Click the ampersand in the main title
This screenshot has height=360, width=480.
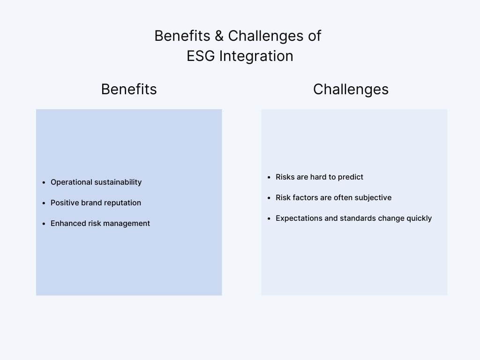[219, 36]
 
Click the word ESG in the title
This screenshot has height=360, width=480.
[201, 56]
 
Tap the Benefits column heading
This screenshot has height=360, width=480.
[129, 89]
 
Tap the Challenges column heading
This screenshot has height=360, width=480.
[351, 90]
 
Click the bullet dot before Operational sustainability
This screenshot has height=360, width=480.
[44, 182]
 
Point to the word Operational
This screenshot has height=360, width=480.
[71, 182]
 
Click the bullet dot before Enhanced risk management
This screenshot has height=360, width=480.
[44, 224]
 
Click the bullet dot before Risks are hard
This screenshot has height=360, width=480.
[269, 177]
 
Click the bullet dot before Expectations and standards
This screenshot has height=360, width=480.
[269, 218]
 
